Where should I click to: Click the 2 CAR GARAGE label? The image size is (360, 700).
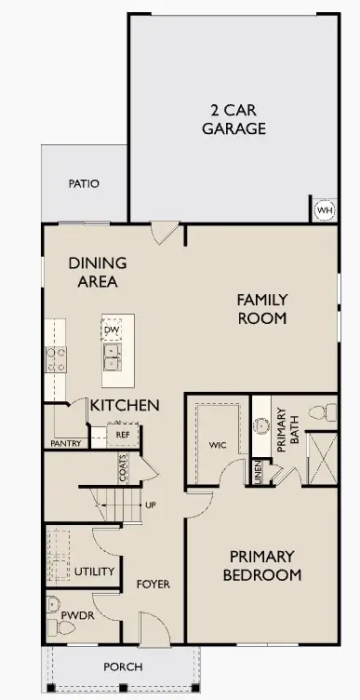click(x=233, y=119)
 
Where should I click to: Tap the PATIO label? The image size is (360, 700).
click(x=84, y=183)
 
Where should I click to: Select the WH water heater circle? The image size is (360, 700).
click(x=324, y=210)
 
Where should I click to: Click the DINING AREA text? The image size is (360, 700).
click(x=98, y=272)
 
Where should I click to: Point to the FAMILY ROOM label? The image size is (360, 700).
click(x=261, y=308)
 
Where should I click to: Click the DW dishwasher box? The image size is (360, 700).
click(x=113, y=330)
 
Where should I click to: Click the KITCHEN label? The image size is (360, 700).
click(x=125, y=406)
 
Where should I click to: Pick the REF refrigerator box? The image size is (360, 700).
click(x=122, y=434)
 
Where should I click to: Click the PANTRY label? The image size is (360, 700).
click(x=65, y=443)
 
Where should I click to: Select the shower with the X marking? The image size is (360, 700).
click(x=321, y=457)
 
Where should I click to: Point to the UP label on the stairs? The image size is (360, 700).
click(x=150, y=505)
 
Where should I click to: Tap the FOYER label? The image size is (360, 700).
click(x=153, y=585)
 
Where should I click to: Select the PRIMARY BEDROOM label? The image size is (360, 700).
click(x=262, y=566)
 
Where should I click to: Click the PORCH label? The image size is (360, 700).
click(x=123, y=666)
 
